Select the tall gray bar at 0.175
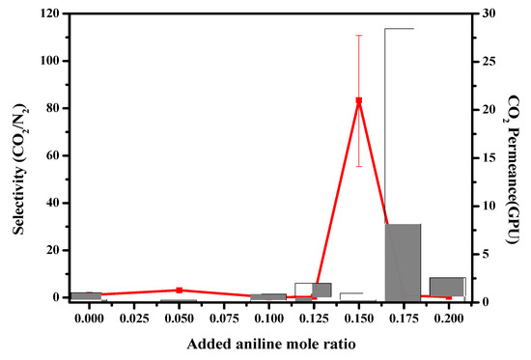pyautogui.click(x=403, y=261)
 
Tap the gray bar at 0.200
pyautogui.click(x=447, y=287)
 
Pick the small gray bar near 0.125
pyautogui.click(x=321, y=290)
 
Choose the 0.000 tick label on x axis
pyautogui.click(x=90, y=317)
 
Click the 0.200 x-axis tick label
pyautogui.click(x=449, y=317)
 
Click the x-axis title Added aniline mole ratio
pyautogui.click(x=269, y=343)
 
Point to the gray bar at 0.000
pyautogui.click(x=86, y=295)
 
